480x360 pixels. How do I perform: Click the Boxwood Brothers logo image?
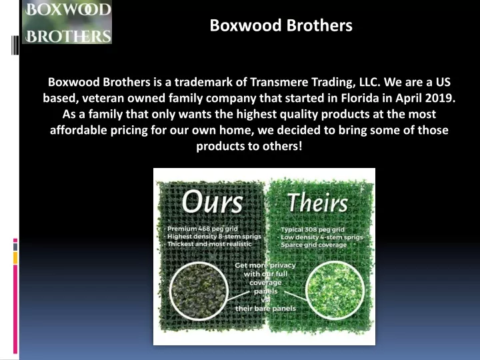click(67, 22)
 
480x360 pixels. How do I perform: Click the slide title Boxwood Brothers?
click(281, 25)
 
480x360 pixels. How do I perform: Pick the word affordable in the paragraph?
click(79, 130)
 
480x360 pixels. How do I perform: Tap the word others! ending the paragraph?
click(285, 146)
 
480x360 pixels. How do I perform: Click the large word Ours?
click(213, 201)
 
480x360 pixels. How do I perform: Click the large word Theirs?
click(318, 203)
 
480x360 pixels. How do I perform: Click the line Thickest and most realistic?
click(209, 244)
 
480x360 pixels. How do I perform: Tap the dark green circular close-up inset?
click(199, 291)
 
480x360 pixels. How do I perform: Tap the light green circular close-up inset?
click(335, 291)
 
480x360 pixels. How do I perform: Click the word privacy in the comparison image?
click(283, 265)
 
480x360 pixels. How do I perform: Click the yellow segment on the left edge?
click(15, 258)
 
